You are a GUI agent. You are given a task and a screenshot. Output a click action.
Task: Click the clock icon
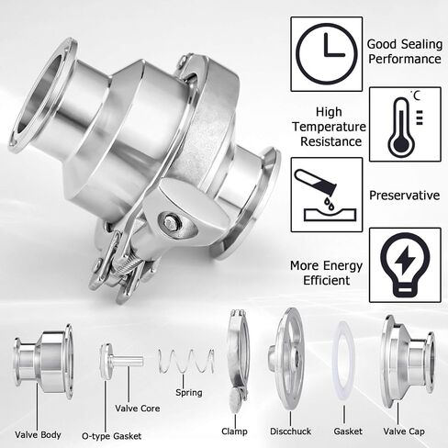click(327, 54)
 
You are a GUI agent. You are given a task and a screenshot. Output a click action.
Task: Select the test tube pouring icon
click(326, 195)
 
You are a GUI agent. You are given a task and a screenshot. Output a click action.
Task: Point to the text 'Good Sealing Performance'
click(405, 51)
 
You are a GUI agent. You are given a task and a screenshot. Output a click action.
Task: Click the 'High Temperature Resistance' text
click(329, 127)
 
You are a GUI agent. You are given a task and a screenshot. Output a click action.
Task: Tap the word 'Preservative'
click(405, 196)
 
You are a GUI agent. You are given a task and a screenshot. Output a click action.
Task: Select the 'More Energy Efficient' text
click(326, 273)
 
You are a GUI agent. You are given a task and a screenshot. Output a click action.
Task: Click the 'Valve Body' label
click(38, 435)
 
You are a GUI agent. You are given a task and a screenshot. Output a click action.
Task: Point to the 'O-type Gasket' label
click(111, 436)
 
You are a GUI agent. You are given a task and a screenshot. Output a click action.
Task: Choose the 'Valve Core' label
click(138, 409)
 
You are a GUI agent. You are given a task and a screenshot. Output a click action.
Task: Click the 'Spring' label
click(189, 393)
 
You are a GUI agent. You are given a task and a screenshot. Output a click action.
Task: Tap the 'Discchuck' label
click(290, 431)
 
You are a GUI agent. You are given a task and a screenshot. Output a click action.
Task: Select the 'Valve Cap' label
click(404, 431)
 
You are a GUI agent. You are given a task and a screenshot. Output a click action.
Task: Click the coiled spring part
click(186, 361)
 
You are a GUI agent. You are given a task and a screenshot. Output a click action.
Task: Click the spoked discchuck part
click(286, 359)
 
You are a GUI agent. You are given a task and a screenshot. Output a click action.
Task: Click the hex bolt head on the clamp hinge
click(170, 222)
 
